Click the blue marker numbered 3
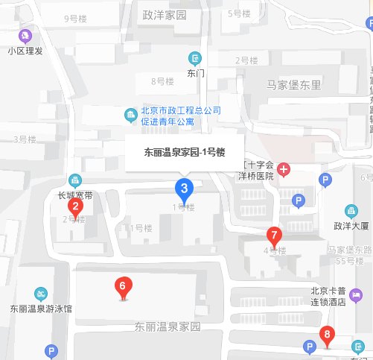(x=184, y=188)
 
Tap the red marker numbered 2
(x=74, y=206)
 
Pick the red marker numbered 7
(x=274, y=236)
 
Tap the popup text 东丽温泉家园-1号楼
(x=185, y=152)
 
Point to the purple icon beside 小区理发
(x=26, y=35)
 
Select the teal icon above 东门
(x=195, y=58)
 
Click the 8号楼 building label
(x=162, y=80)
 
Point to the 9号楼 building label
(x=77, y=18)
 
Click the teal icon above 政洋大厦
(x=351, y=211)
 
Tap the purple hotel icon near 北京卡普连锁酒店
(x=356, y=294)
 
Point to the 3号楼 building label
(x=25, y=139)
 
